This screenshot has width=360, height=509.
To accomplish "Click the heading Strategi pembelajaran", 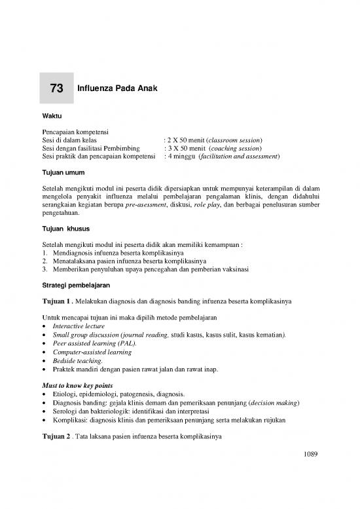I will [x=76, y=288].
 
